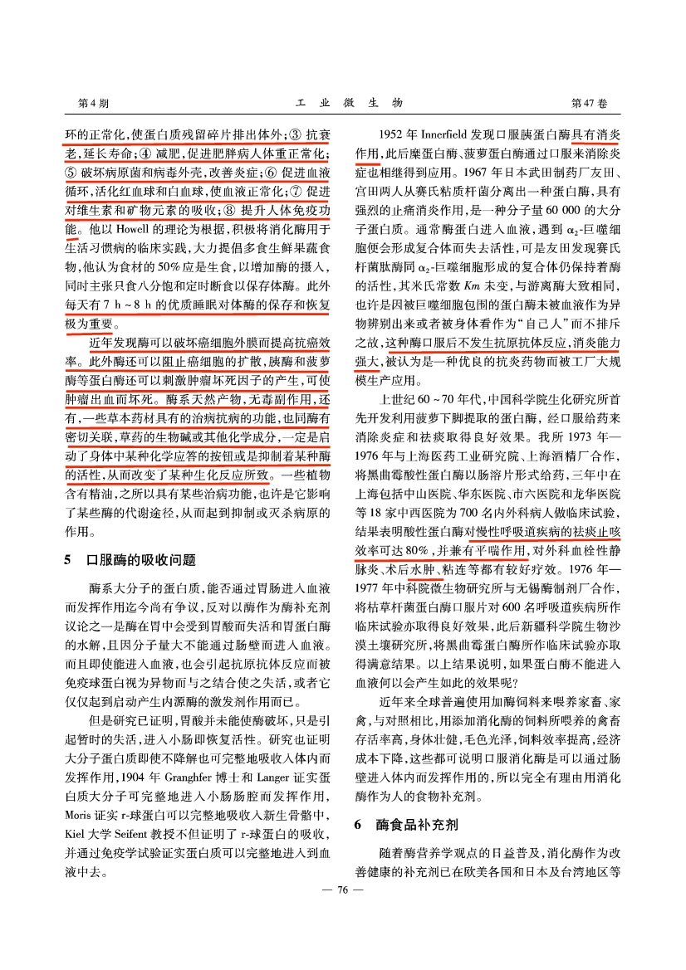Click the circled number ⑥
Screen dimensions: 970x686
269,171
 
